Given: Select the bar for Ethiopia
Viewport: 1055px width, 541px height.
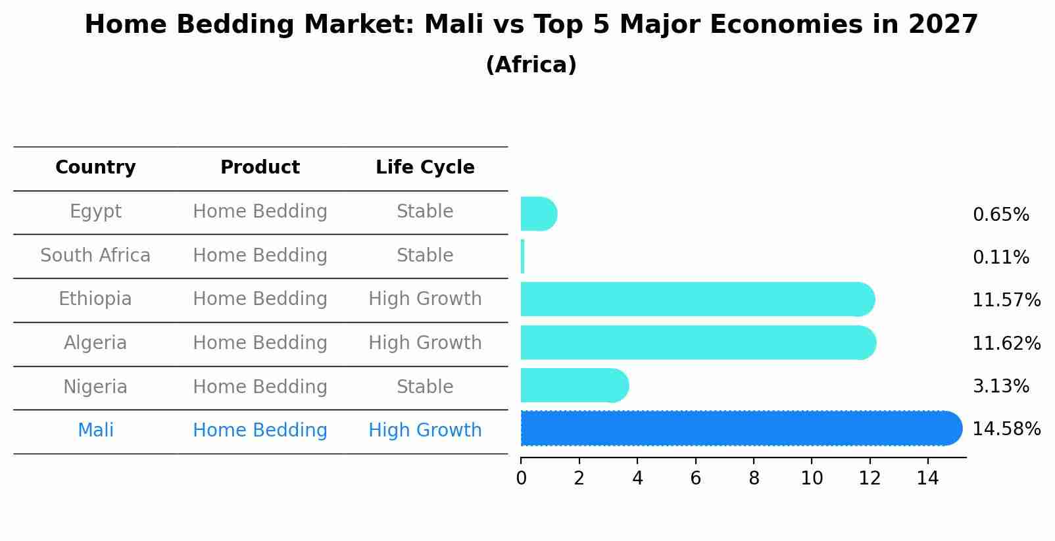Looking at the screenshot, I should tap(697, 299).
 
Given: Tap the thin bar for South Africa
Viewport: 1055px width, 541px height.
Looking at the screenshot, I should tap(523, 256).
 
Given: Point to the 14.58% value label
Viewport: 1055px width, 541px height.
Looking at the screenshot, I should tap(1006, 429).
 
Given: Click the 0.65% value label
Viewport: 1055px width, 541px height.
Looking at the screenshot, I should tap(1000, 215).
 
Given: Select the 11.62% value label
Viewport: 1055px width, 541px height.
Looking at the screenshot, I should tap(1006, 344).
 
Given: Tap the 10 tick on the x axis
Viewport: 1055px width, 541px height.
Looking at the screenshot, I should tap(812, 479).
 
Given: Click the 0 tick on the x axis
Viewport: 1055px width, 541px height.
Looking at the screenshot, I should tap(521, 479).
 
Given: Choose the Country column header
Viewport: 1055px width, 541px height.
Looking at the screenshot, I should tap(95, 168).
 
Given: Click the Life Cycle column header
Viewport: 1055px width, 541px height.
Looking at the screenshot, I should tap(425, 168).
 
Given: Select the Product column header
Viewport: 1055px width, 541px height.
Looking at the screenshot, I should tap(260, 168).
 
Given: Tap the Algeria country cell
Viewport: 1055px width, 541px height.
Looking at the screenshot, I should tap(95, 343).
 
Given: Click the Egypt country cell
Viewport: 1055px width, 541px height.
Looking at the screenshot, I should tap(95, 212).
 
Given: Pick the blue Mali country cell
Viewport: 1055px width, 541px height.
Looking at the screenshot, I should tap(95, 431).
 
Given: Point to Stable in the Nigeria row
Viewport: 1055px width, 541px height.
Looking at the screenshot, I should tap(425, 387).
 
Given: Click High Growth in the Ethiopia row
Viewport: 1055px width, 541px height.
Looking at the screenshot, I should tap(425, 299).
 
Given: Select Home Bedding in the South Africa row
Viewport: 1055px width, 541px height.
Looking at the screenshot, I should tap(260, 256).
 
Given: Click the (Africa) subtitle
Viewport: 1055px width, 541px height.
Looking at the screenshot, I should tap(531, 65).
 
